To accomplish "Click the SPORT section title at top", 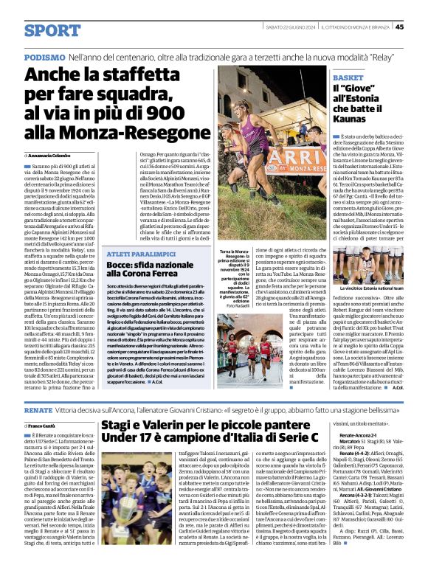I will (x=52, y=30).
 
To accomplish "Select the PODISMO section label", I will (x=44, y=56).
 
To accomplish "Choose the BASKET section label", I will (x=348, y=77).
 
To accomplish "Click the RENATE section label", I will (x=38, y=408).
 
